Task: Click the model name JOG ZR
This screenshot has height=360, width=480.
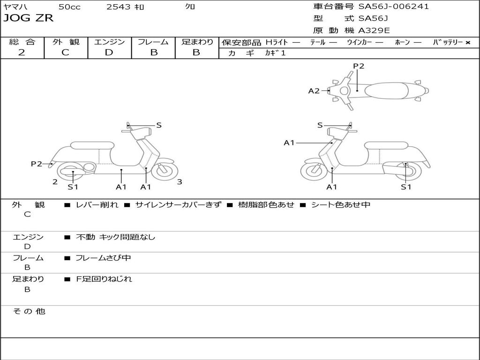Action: (x=29, y=18)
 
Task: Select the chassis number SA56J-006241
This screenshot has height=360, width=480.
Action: (x=394, y=6)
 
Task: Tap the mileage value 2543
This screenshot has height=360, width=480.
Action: (x=118, y=7)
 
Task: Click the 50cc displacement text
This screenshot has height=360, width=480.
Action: (x=69, y=7)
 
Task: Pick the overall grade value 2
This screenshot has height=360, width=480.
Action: (x=22, y=52)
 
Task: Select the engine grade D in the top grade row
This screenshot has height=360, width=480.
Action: (x=109, y=52)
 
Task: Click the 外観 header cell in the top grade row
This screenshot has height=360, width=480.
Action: (x=66, y=42)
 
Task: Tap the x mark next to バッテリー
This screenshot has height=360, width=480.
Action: (x=468, y=43)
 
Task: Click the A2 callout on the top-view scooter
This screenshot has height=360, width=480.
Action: (x=314, y=90)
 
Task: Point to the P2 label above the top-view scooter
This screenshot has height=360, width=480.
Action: (x=359, y=66)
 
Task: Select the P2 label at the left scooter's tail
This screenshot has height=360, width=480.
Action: (x=37, y=164)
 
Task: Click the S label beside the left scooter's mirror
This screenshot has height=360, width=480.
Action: (x=159, y=125)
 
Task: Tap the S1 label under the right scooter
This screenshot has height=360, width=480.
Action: (x=406, y=187)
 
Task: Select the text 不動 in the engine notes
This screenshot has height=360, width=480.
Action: (x=85, y=237)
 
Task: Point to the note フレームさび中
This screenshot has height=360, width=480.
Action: (x=103, y=258)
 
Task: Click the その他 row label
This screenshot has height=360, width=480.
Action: (x=29, y=311)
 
